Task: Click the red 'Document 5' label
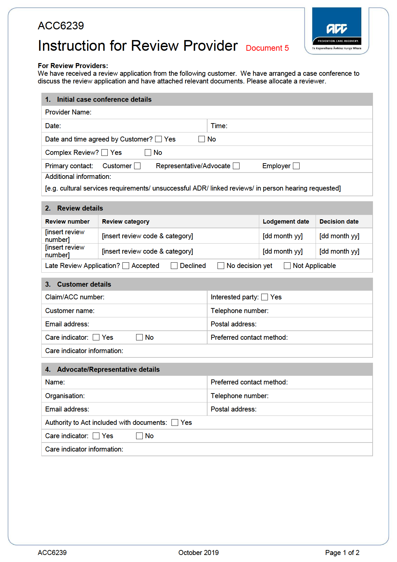click(x=267, y=48)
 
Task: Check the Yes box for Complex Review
click(x=105, y=153)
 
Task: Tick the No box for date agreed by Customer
click(x=202, y=139)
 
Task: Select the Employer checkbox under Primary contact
click(x=296, y=166)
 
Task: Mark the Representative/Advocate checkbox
click(x=236, y=166)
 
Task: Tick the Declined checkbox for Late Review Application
click(x=174, y=266)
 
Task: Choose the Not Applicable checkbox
click(x=287, y=266)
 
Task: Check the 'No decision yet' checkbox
click(x=221, y=266)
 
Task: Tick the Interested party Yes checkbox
click(x=265, y=297)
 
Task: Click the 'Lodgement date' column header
click(x=286, y=222)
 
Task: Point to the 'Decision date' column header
click(x=339, y=222)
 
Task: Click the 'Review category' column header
click(x=126, y=222)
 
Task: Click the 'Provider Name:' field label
click(x=68, y=112)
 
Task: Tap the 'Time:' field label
click(x=219, y=126)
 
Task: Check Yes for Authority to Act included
click(x=175, y=423)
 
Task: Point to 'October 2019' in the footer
click(x=198, y=553)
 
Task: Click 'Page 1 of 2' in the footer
click(x=342, y=553)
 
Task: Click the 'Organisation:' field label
click(x=65, y=396)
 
